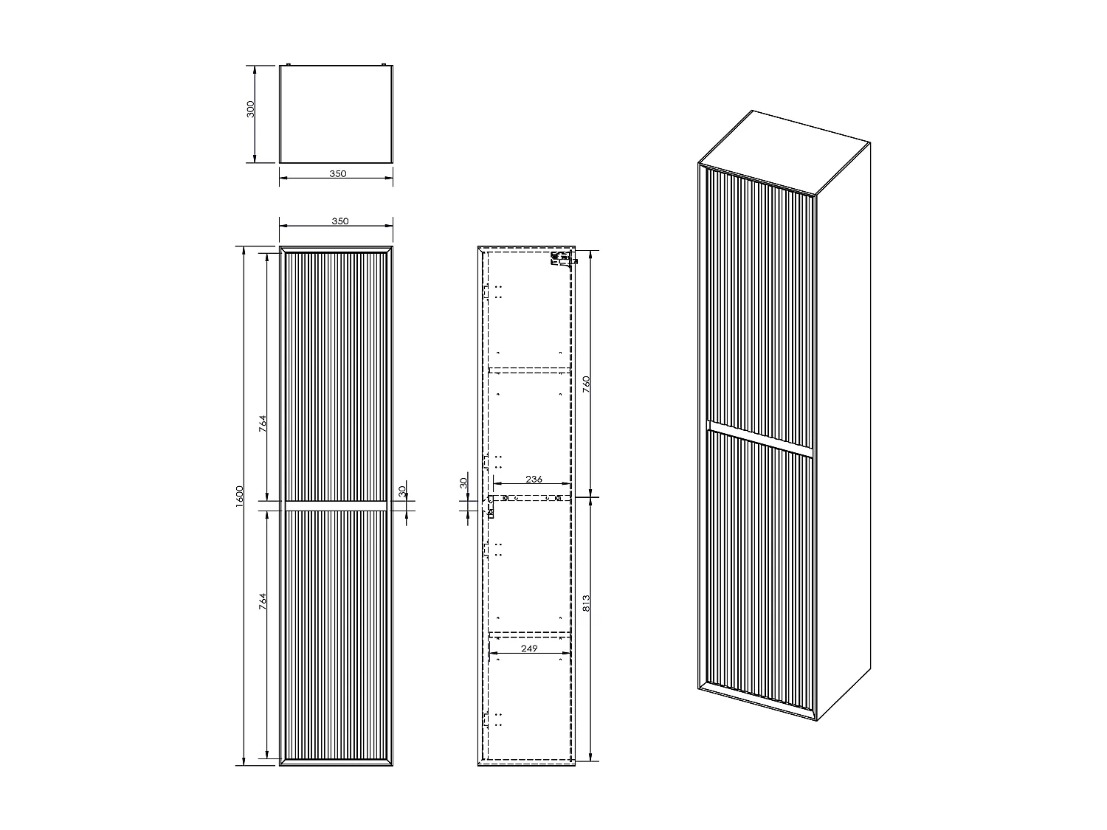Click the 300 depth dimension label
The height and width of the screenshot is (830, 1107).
[x=250, y=109]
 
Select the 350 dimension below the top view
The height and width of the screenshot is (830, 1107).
[x=337, y=174]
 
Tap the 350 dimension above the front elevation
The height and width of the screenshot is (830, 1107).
[x=339, y=221]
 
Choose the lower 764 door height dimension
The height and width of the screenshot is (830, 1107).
[x=263, y=601]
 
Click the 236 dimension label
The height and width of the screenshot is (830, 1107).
[x=534, y=480]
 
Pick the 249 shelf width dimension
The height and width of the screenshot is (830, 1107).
[x=528, y=649]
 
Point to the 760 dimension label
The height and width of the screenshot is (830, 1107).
[x=587, y=385]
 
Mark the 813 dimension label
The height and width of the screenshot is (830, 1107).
[x=587, y=604]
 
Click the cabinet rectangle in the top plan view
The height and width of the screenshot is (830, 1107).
[x=337, y=114]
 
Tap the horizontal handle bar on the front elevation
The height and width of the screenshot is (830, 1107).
[x=337, y=505]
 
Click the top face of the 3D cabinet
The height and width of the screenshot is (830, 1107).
[x=786, y=153]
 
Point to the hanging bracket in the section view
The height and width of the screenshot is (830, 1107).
[x=560, y=259]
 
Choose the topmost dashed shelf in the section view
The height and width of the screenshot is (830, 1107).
[x=529, y=367]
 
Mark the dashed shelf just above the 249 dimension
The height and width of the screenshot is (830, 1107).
[x=529, y=634]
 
